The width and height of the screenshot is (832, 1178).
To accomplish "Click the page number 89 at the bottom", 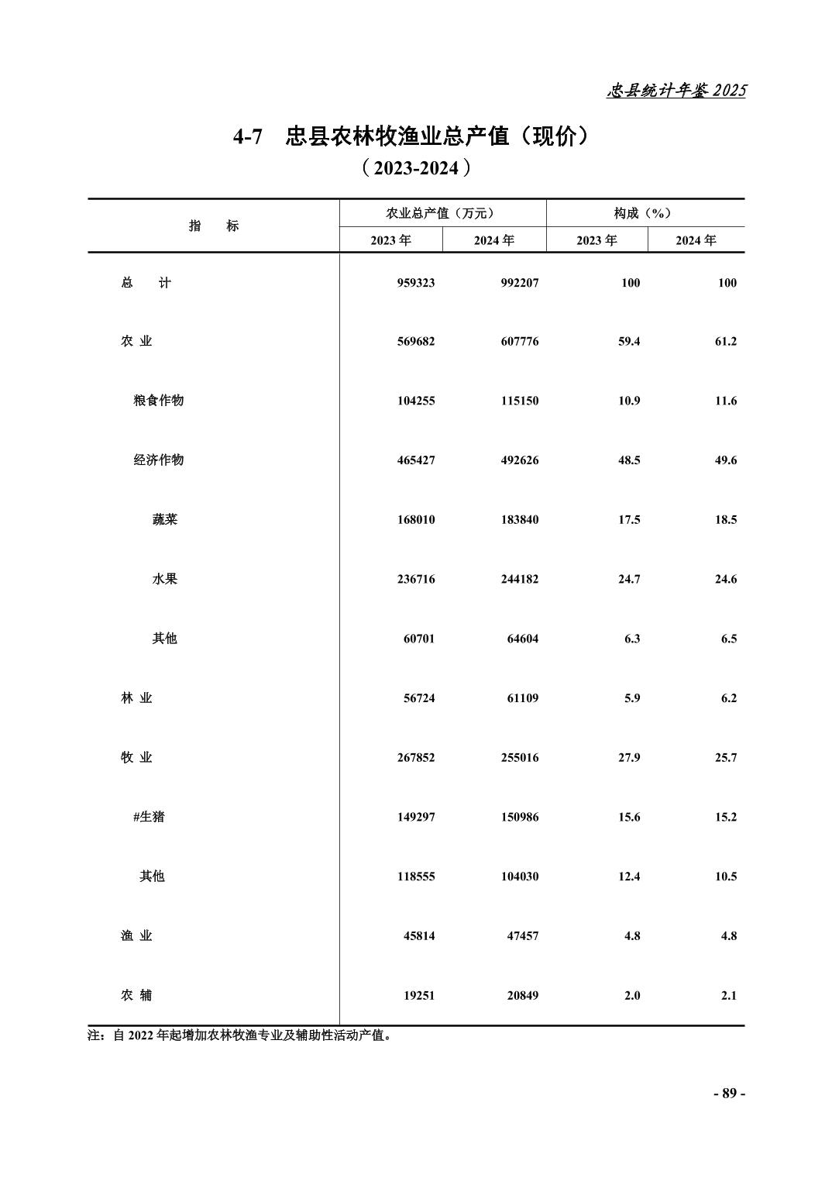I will click(x=728, y=1094).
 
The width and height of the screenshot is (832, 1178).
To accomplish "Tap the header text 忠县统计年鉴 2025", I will click(x=676, y=91).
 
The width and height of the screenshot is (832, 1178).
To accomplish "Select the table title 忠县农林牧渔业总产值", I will click(x=411, y=136).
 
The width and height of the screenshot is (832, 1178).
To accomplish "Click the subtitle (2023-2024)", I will click(x=416, y=168).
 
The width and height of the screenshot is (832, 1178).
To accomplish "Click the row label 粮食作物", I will click(x=158, y=401).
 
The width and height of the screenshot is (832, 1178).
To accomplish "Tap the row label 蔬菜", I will click(x=164, y=519).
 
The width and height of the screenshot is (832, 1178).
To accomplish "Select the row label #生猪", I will click(x=149, y=817).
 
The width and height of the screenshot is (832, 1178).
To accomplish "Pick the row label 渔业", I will click(x=136, y=935).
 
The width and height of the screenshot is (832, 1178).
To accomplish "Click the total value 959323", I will click(x=416, y=283).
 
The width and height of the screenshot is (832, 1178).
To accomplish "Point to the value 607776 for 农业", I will click(x=519, y=342).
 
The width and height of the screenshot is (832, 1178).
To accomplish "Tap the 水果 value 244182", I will click(x=519, y=579).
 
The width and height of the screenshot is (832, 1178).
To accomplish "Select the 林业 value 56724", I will click(x=419, y=698).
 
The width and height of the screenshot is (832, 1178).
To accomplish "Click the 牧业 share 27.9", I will click(x=629, y=757).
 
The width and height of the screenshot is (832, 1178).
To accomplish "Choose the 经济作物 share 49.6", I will click(x=726, y=460).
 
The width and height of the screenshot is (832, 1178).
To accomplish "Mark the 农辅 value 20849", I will click(x=523, y=995).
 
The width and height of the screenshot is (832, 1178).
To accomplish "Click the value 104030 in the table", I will click(x=519, y=877).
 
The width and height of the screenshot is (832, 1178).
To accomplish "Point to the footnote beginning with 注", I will click(x=240, y=1035).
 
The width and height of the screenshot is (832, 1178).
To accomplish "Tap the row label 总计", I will click(x=146, y=283).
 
